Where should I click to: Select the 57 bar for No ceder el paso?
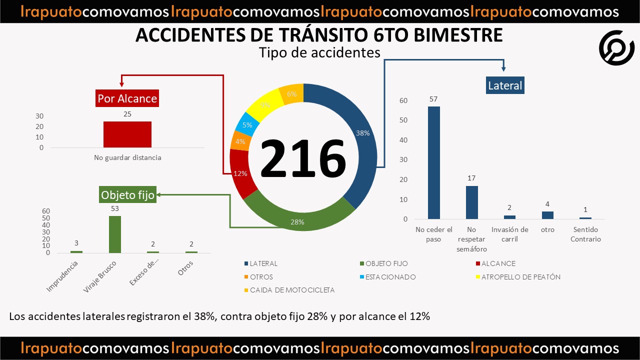point(434,162)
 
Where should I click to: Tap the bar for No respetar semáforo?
point(472,202)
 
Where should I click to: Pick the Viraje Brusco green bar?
point(115,234)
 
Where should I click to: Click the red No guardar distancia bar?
point(127,134)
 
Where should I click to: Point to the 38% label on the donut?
point(362,133)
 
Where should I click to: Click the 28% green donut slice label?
point(297,222)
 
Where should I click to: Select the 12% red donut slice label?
point(240,173)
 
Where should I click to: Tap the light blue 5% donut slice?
point(247,125)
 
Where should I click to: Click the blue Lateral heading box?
point(505,85)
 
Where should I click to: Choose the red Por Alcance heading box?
point(127,98)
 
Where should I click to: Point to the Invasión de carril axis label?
point(509,234)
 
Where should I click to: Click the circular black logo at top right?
point(616,47)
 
